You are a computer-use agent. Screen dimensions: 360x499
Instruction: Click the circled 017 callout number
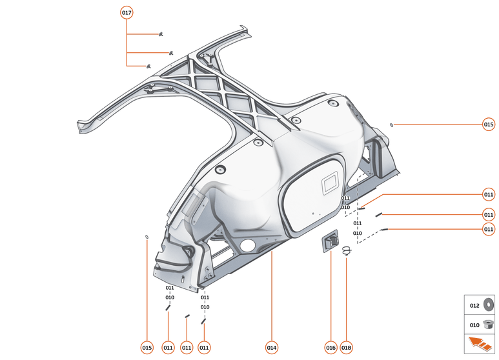tap(127, 13)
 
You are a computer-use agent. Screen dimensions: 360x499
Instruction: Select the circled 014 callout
tap(272, 347)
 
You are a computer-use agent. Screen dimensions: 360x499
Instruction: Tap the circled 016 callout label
tap(331, 347)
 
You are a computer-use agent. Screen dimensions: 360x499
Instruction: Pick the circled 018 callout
tap(347, 347)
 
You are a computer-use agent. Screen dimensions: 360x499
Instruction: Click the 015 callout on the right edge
tap(489, 125)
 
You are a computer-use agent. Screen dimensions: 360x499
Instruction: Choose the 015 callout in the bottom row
tap(147, 347)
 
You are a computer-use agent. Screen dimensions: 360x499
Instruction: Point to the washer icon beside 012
tap(488, 305)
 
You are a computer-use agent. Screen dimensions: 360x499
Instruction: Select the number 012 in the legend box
tap(474, 305)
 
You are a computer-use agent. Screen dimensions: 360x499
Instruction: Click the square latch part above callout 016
tap(331, 241)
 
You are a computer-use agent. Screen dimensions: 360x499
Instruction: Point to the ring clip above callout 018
tap(347, 251)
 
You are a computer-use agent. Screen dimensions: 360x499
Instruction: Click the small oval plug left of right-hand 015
tap(391, 124)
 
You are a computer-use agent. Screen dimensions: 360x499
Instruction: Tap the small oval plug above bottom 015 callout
tap(147, 237)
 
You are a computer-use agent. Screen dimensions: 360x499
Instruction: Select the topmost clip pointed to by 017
tap(159, 34)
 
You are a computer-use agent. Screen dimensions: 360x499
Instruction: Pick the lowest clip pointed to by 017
tap(148, 66)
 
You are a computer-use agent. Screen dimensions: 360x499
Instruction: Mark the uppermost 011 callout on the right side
tap(489, 194)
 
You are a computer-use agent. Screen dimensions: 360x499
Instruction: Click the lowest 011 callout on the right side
tap(489, 228)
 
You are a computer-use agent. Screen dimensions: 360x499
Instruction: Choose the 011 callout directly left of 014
tap(204, 347)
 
